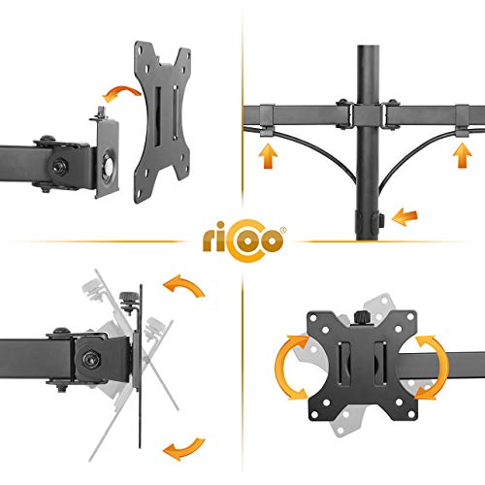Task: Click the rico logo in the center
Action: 243,241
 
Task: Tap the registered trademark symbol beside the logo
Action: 283,230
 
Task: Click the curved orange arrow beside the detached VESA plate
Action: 121,93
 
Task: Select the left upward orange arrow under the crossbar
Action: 268,156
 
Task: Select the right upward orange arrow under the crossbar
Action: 463,155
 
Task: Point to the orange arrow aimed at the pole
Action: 404,216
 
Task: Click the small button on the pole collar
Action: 381,220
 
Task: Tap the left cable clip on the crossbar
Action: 267,119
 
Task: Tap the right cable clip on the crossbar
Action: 463,120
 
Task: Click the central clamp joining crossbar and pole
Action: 368,115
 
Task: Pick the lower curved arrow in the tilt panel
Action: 183,449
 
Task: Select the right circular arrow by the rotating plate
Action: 433,368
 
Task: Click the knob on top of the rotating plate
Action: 364,317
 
